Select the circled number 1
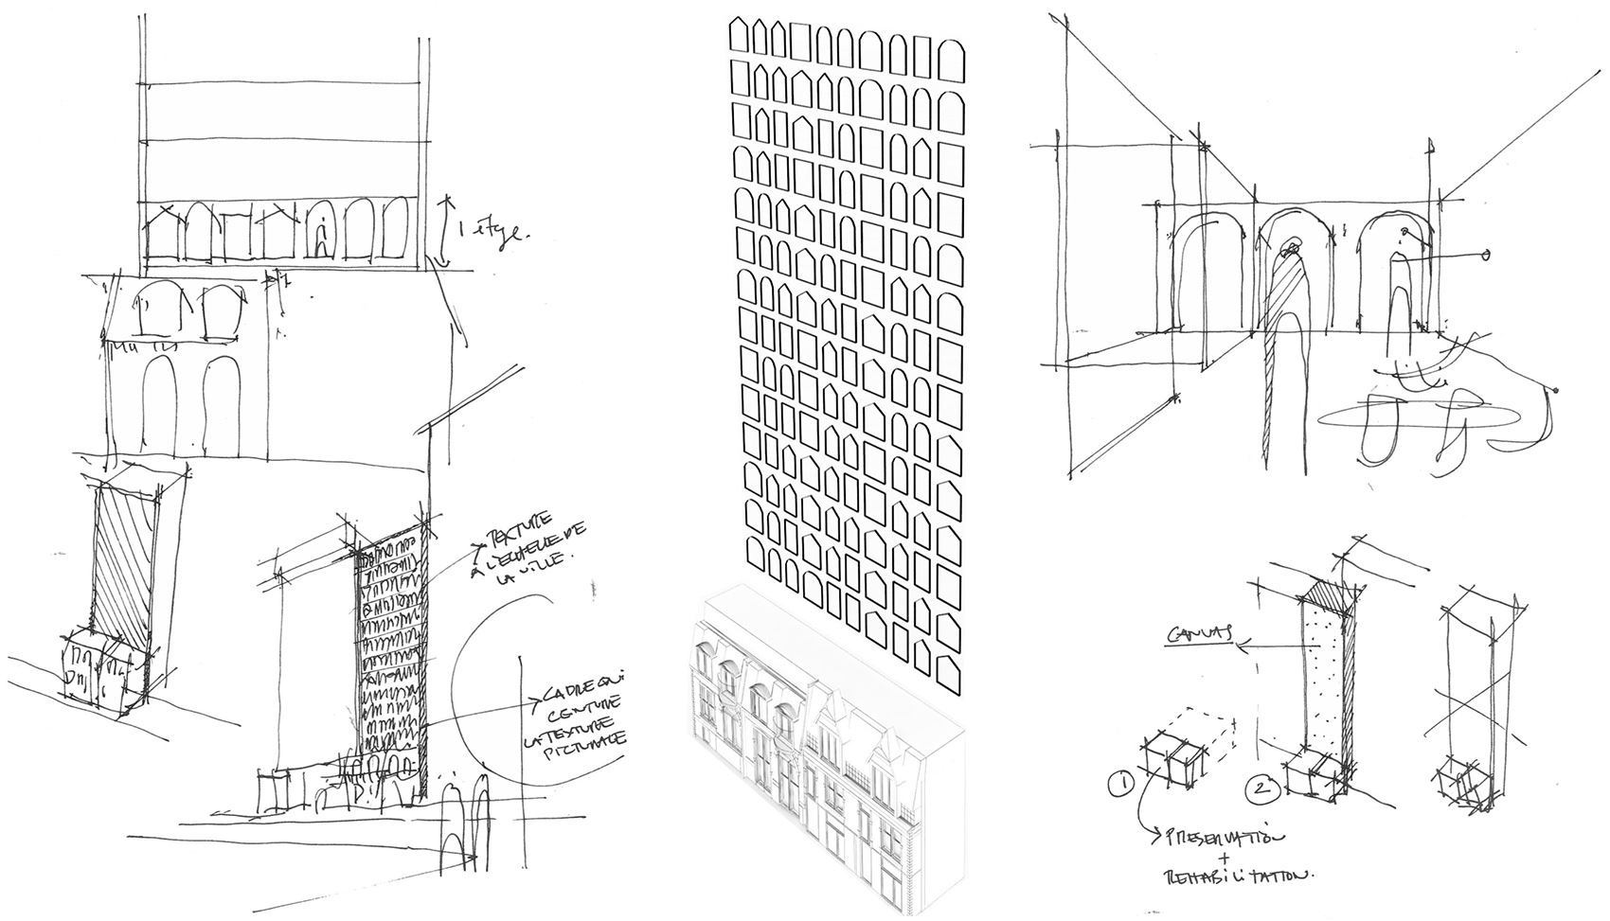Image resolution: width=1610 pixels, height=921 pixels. click(1120, 784)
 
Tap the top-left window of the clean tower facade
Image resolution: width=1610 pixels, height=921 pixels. click(740, 38)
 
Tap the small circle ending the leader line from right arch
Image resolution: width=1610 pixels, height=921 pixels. click(1485, 255)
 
